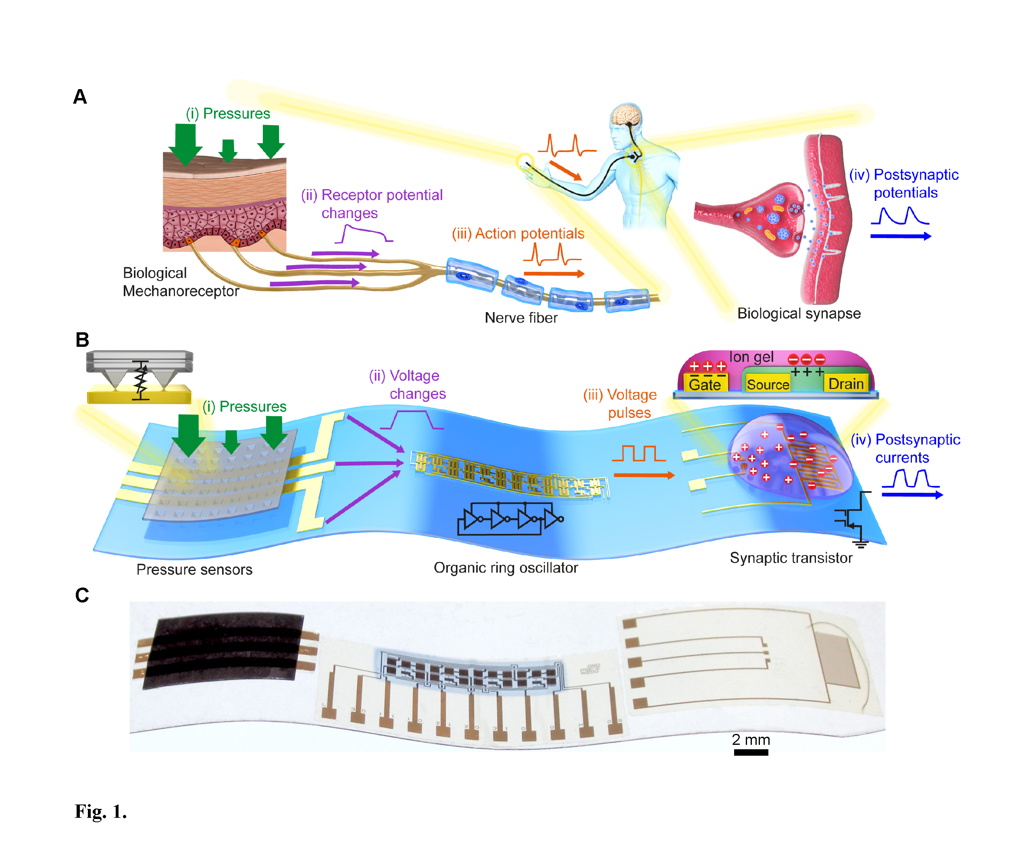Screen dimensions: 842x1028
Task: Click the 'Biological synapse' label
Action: tap(799, 313)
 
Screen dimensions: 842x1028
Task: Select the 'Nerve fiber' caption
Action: tap(521, 318)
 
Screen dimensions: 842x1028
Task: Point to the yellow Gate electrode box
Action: tap(705, 383)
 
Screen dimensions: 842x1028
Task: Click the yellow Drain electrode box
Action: tap(846, 383)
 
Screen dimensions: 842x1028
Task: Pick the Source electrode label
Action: tap(768, 384)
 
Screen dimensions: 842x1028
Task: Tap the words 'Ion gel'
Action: tap(751, 357)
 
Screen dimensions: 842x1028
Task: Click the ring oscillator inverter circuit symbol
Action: tap(510, 519)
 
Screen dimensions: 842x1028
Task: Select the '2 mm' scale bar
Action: tap(751, 752)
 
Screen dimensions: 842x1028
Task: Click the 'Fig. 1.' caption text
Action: tap(100, 811)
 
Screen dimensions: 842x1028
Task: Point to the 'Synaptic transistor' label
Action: tap(791, 558)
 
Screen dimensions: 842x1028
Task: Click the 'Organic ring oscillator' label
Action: tap(506, 567)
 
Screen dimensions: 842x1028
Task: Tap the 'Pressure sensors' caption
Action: tap(194, 569)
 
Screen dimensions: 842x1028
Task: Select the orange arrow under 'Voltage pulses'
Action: tap(644, 475)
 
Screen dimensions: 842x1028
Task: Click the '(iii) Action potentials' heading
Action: tap(518, 233)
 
